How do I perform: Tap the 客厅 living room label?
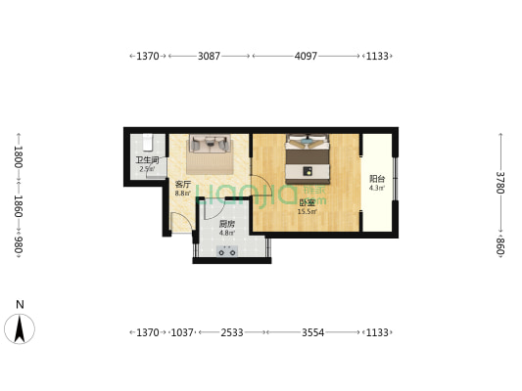(182, 184)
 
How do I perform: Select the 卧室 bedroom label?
(307, 202)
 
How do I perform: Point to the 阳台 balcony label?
(376, 179)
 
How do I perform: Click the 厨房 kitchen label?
(227, 223)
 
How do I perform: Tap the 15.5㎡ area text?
(307, 211)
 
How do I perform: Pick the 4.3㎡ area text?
(376, 188)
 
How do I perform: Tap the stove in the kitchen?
(228, 250)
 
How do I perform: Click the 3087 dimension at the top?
(209, 57)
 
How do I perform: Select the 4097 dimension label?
(306, 57)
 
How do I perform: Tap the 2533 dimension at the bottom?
(231, 333)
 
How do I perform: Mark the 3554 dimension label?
(312, 333)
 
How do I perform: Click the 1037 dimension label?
(183, 333)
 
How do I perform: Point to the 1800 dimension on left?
(18, 156)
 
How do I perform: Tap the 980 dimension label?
(18, 246)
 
